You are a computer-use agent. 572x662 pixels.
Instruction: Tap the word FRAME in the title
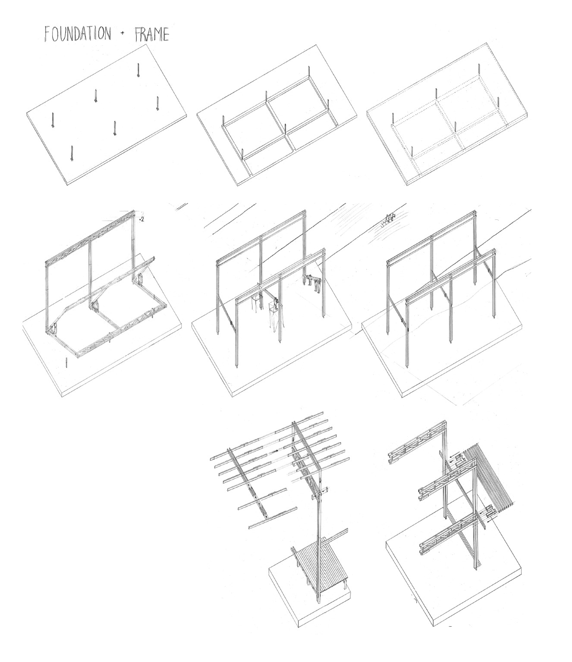click(151, 34)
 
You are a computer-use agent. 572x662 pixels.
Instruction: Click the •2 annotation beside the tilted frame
click(142, 219)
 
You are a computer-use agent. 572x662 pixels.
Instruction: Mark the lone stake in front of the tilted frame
click(66, 362)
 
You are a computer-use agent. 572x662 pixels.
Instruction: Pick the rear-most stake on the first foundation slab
click(138, 70)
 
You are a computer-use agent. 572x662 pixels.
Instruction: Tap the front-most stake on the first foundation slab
click(72, 153)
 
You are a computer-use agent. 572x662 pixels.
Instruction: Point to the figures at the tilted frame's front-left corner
click(53, 329)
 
